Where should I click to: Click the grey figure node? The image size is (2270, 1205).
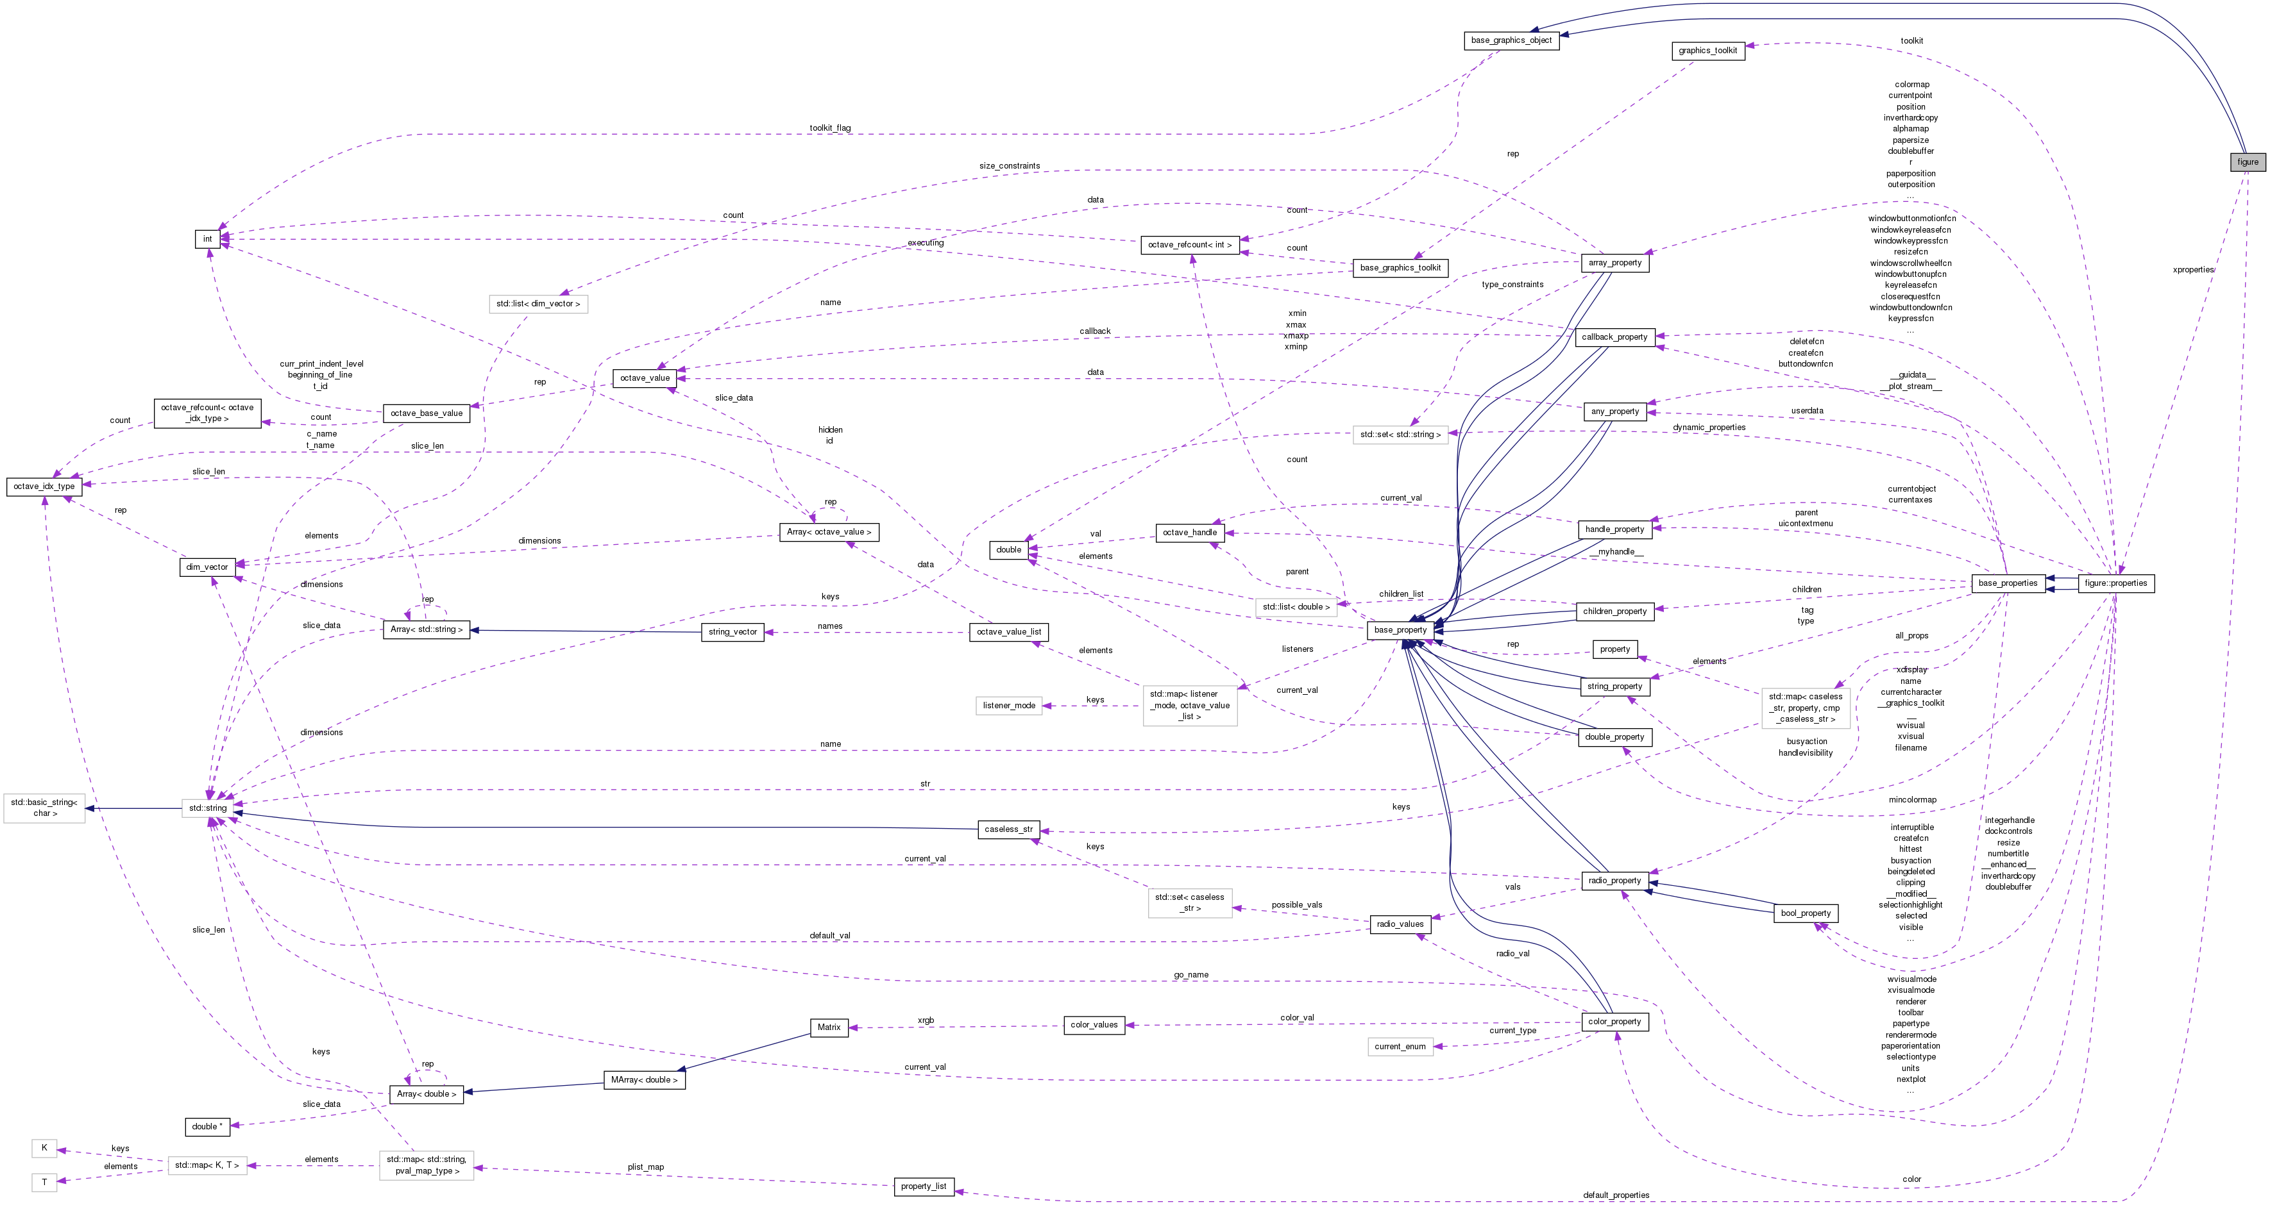point(2247,162)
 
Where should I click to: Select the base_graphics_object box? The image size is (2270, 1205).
point(1511,40)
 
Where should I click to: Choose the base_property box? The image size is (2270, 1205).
point(1400,631)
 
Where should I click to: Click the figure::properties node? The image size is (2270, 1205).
point(2116,584)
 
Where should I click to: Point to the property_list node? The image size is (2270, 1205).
point(922,1186)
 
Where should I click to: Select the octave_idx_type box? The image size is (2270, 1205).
point(44,487)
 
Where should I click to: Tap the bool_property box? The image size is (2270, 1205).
point(1805,913)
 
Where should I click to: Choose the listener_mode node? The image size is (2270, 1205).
point(1008,706)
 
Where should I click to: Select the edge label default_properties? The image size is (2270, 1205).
point(1615,1196)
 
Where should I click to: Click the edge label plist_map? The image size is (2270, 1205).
point(645,1168)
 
